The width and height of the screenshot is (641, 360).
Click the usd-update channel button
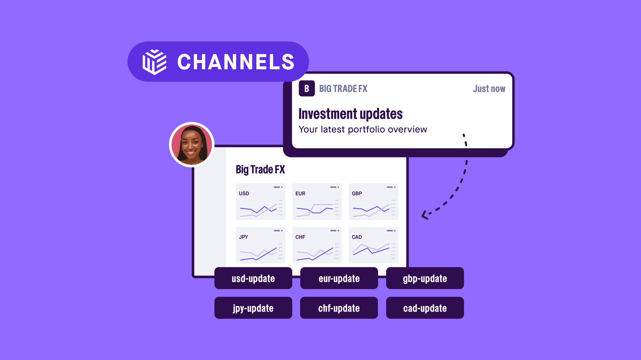(253, 278)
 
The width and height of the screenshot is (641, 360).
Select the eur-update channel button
(339, 278)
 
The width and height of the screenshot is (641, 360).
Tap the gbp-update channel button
(425, 278)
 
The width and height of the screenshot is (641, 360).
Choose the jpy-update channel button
(253, 308)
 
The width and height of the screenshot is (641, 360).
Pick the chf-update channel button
(339, 308)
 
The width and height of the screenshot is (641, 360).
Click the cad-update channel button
(425, 308)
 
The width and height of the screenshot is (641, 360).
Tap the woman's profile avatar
(192, 145)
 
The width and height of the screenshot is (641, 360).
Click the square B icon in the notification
(307, 88)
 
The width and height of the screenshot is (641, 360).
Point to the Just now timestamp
(489, 89)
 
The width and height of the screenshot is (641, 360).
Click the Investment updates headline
(350, 114)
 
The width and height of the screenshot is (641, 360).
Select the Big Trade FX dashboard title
(260, 170)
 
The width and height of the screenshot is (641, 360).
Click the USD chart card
(261, 202)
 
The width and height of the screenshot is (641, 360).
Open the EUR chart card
(317, 202)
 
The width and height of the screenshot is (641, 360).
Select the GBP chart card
(374, 202)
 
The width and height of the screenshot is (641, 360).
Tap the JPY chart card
(261, 245)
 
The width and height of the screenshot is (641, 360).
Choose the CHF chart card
(317, 245)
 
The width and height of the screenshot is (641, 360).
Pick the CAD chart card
(374, 245)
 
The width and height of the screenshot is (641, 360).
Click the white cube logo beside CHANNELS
(154, 62)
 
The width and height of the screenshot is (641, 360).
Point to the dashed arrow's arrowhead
(424, 215)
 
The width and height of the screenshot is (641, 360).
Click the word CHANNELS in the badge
(236, 62)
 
